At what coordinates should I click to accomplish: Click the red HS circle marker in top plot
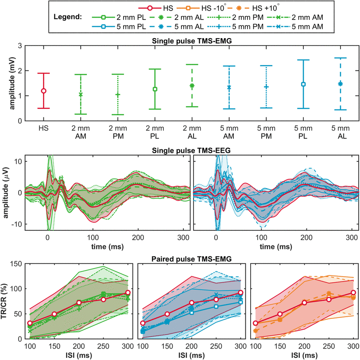tap(43, 91)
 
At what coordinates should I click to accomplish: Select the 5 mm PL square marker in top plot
tap(303, 84)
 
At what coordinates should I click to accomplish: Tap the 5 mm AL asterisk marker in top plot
tap(340, 83)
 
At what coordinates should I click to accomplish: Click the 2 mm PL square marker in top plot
tap(155, 89)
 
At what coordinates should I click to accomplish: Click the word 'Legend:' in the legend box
tap(66, 17)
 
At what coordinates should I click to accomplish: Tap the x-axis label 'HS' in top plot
tap(43, 128)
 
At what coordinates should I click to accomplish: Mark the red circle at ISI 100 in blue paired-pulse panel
tap(143, 323)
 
